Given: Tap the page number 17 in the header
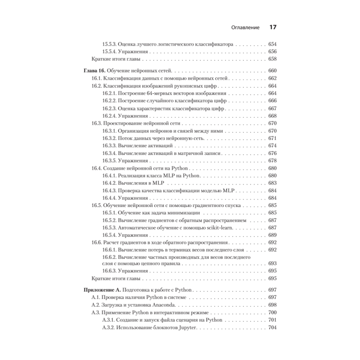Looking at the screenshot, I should [272, 27].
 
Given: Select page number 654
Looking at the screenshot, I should [272, 44].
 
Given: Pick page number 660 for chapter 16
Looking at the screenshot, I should [272, 71].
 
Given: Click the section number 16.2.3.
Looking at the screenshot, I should [109, 108].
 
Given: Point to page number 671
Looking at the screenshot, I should [272, 138].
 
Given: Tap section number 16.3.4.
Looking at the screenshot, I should [109, 153].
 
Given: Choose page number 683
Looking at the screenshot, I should [272, 183].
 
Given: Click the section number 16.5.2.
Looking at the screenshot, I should [109, 220].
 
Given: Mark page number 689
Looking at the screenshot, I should [272, 235].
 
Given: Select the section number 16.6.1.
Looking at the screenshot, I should [109, 250].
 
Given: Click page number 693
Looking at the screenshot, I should [272, 264].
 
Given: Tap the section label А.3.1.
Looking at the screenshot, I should [108, 320].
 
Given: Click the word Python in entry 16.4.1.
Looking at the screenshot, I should [191, 175].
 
